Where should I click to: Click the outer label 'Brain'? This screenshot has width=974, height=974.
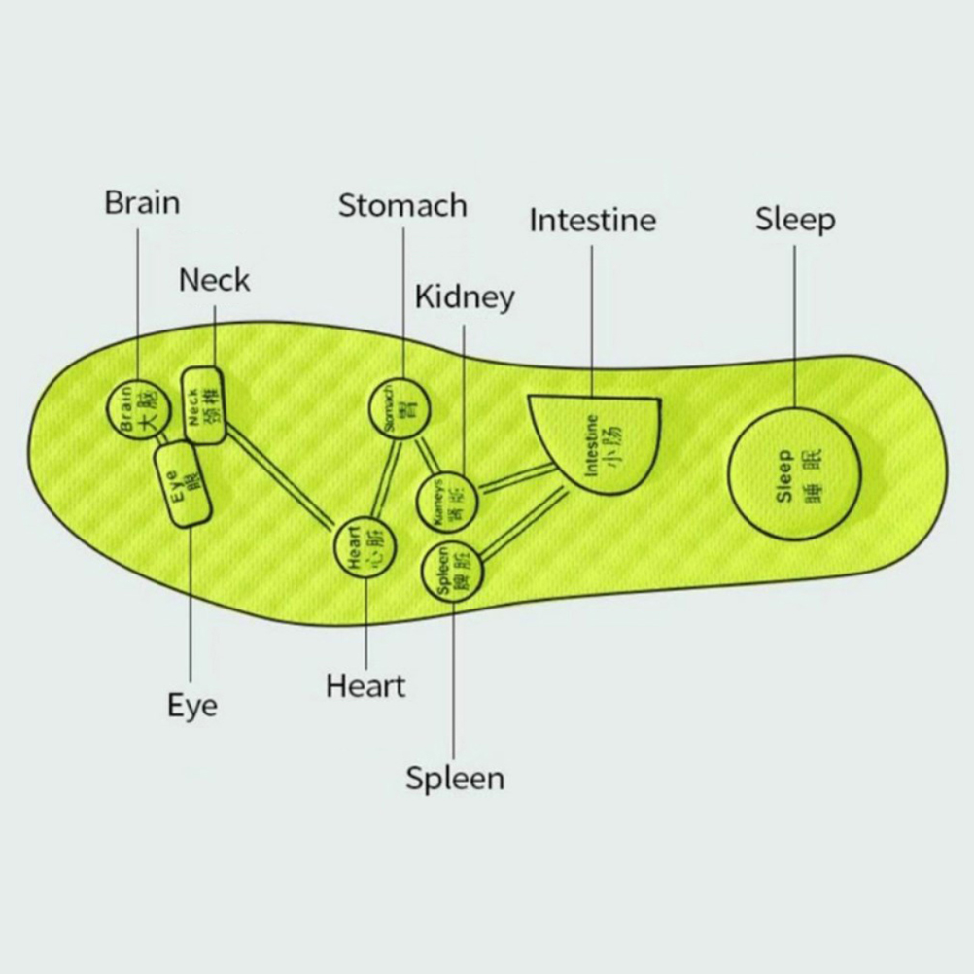(142, 203)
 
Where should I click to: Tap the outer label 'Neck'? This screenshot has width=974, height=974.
(214, 280)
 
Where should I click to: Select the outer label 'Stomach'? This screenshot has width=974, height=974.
(402, 205)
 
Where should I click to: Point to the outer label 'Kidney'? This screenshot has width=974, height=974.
(465, 297)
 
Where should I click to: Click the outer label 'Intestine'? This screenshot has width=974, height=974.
(592, 221)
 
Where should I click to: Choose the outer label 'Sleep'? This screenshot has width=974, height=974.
(795, 219)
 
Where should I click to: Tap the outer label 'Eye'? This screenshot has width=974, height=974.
(192, 705)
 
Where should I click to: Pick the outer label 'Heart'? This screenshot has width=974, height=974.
(365, 686)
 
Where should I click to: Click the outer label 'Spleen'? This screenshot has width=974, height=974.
(455, 779)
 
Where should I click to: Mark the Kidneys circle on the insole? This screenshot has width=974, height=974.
(447, 503)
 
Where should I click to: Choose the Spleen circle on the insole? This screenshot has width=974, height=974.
(454, 573)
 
